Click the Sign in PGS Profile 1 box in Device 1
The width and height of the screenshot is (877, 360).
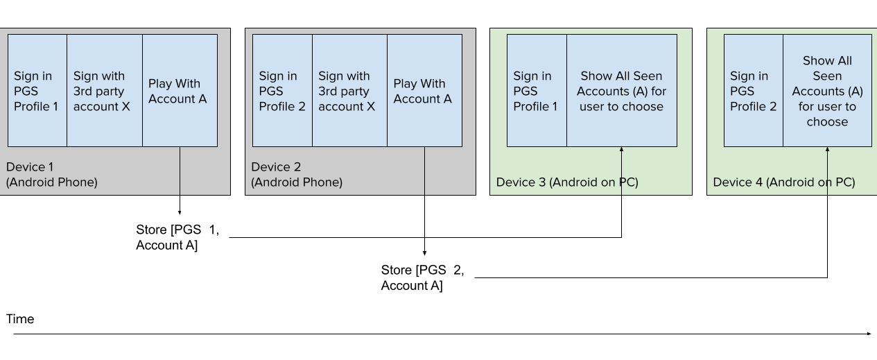[37, 91]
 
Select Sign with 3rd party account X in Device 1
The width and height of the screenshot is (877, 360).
[105, 91]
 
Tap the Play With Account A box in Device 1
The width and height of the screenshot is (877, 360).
[180, 91]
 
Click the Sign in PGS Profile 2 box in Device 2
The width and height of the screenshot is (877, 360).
[282, 91]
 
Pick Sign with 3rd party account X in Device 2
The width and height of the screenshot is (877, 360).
[349, 91]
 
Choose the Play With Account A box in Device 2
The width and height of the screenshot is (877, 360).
[424, 91]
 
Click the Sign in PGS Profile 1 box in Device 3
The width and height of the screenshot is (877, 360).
[537, 91]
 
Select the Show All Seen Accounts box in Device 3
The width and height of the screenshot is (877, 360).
[622, 91]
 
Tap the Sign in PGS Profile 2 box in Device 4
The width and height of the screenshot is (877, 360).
[754, 91]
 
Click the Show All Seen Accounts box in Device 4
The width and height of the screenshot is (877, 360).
[827, 91]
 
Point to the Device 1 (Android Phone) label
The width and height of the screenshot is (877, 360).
[52, 175]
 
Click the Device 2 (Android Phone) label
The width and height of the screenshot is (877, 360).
[297, 175]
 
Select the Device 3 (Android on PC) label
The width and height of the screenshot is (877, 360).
[567, 182]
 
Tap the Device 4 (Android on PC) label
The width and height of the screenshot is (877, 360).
[784, 182]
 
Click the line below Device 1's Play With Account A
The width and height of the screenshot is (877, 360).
[180, 171]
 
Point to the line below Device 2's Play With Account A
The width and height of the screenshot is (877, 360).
[424, 171]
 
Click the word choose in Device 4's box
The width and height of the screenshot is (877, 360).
[827, 122]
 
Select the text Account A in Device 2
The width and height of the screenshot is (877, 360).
[423, 99]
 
